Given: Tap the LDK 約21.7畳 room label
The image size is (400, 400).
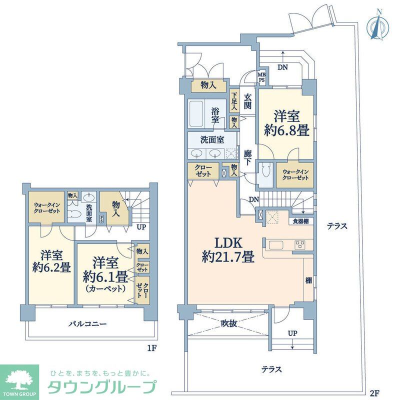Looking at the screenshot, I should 228,250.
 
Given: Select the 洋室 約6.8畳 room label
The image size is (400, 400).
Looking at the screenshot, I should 286,123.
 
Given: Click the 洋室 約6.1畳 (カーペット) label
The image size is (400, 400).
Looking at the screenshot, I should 105,273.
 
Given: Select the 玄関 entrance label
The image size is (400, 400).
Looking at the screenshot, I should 247,102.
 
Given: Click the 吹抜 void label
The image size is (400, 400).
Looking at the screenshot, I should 228,323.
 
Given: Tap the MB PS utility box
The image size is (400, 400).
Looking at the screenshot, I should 261,78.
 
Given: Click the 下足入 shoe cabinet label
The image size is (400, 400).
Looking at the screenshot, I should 233,101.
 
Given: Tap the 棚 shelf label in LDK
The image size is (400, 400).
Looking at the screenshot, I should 308,281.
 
